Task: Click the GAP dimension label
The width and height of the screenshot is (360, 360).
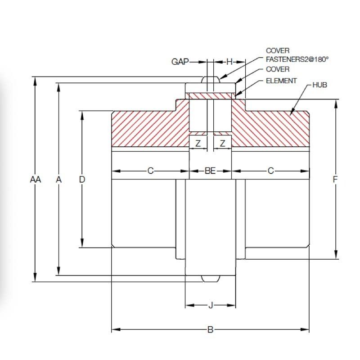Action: point(181,62)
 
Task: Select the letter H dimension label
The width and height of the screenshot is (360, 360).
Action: point(229,62)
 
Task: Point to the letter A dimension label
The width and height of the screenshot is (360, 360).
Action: point(58,180)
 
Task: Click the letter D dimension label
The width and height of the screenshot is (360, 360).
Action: point(82,180)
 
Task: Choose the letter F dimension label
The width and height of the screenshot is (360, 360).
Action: point(335,180)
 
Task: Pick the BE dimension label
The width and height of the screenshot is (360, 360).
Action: point(210,171)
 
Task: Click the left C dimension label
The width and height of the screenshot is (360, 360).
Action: point(150,171)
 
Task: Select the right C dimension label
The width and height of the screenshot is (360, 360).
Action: point(271,171)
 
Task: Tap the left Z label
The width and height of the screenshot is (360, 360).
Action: point(198,144)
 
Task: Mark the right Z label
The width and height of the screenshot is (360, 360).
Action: point(222,144)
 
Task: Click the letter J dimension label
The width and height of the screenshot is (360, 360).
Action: point(211,306)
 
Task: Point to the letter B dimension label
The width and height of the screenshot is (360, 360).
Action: point(210,330)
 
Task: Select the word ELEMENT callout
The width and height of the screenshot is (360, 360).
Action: point(281,81)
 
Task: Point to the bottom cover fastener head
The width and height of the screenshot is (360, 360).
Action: point(210,279)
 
